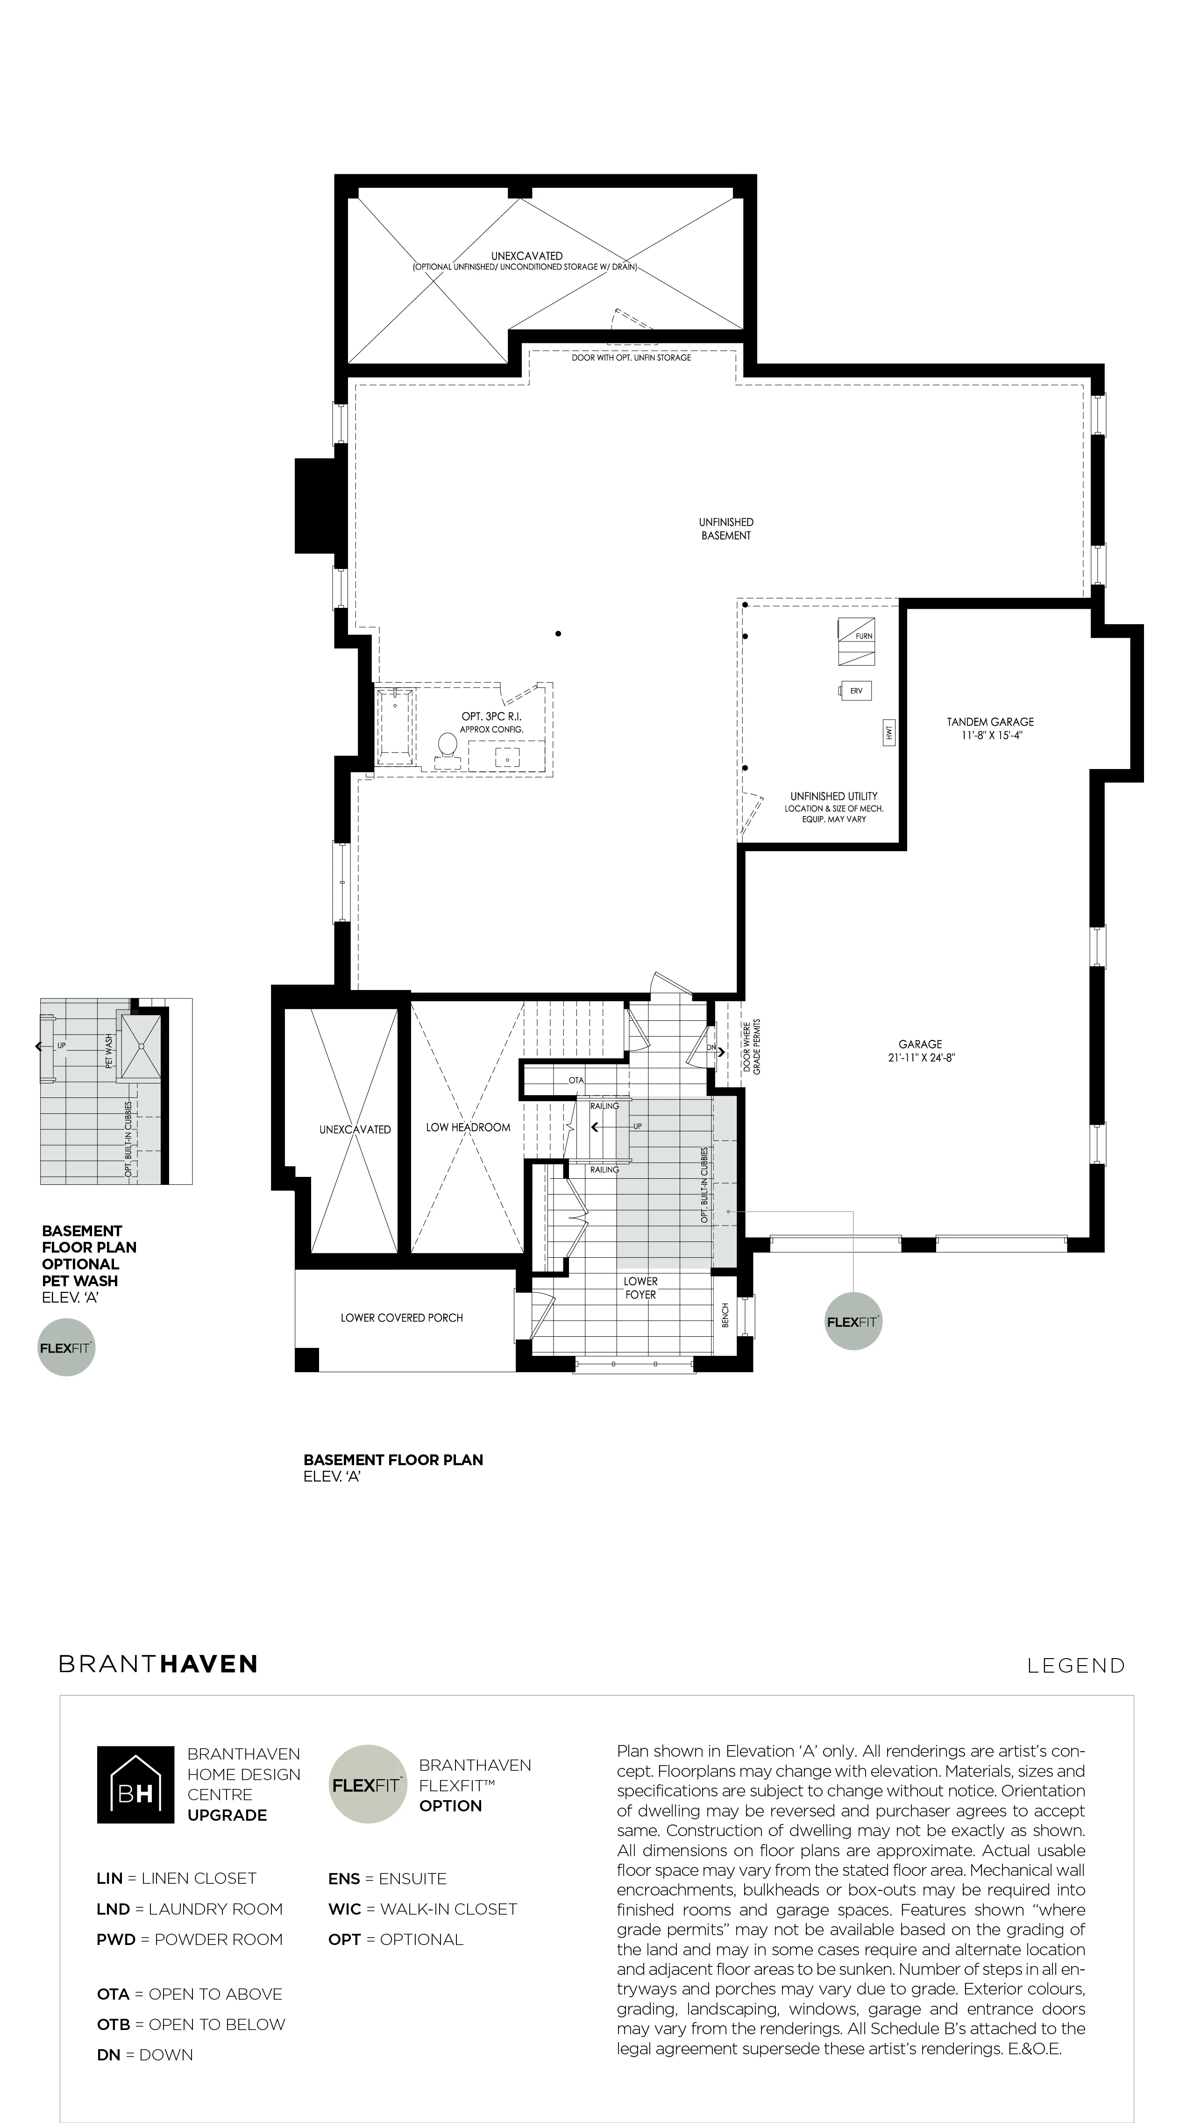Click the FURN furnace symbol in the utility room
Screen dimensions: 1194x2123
pyautogui.click(x=856, y=641)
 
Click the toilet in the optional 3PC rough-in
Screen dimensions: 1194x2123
pyautogui.click(x=448, y=748)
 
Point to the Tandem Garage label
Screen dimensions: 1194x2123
pyautogui.click(x=990, y=722)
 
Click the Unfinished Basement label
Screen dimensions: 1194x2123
pyautogui.click(x=726, y=528)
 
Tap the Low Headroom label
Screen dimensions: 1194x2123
pyautogui.click(x=468, y=1127)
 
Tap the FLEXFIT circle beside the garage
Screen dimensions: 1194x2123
pyautogui.click(x=853, y=1322)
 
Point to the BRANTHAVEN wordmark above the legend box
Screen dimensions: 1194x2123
pyautogui.click(x=158, y=1664)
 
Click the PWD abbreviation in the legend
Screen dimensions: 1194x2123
pyautogui.click(x=115, y=1939)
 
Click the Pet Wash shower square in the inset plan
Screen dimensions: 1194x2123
pyautogui.click(x=142, y=1046)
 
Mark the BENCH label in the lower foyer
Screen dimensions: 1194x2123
pyautogui.click(x=725, y=1315)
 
